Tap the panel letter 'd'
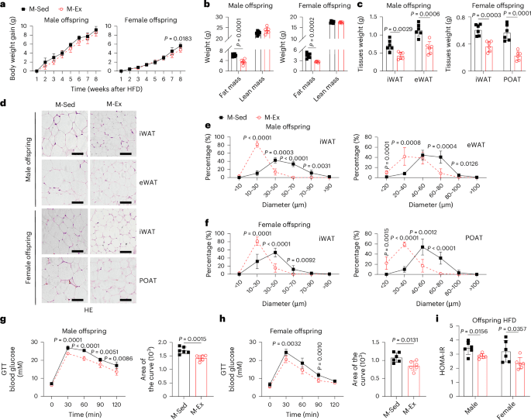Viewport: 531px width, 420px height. coord(5,101)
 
